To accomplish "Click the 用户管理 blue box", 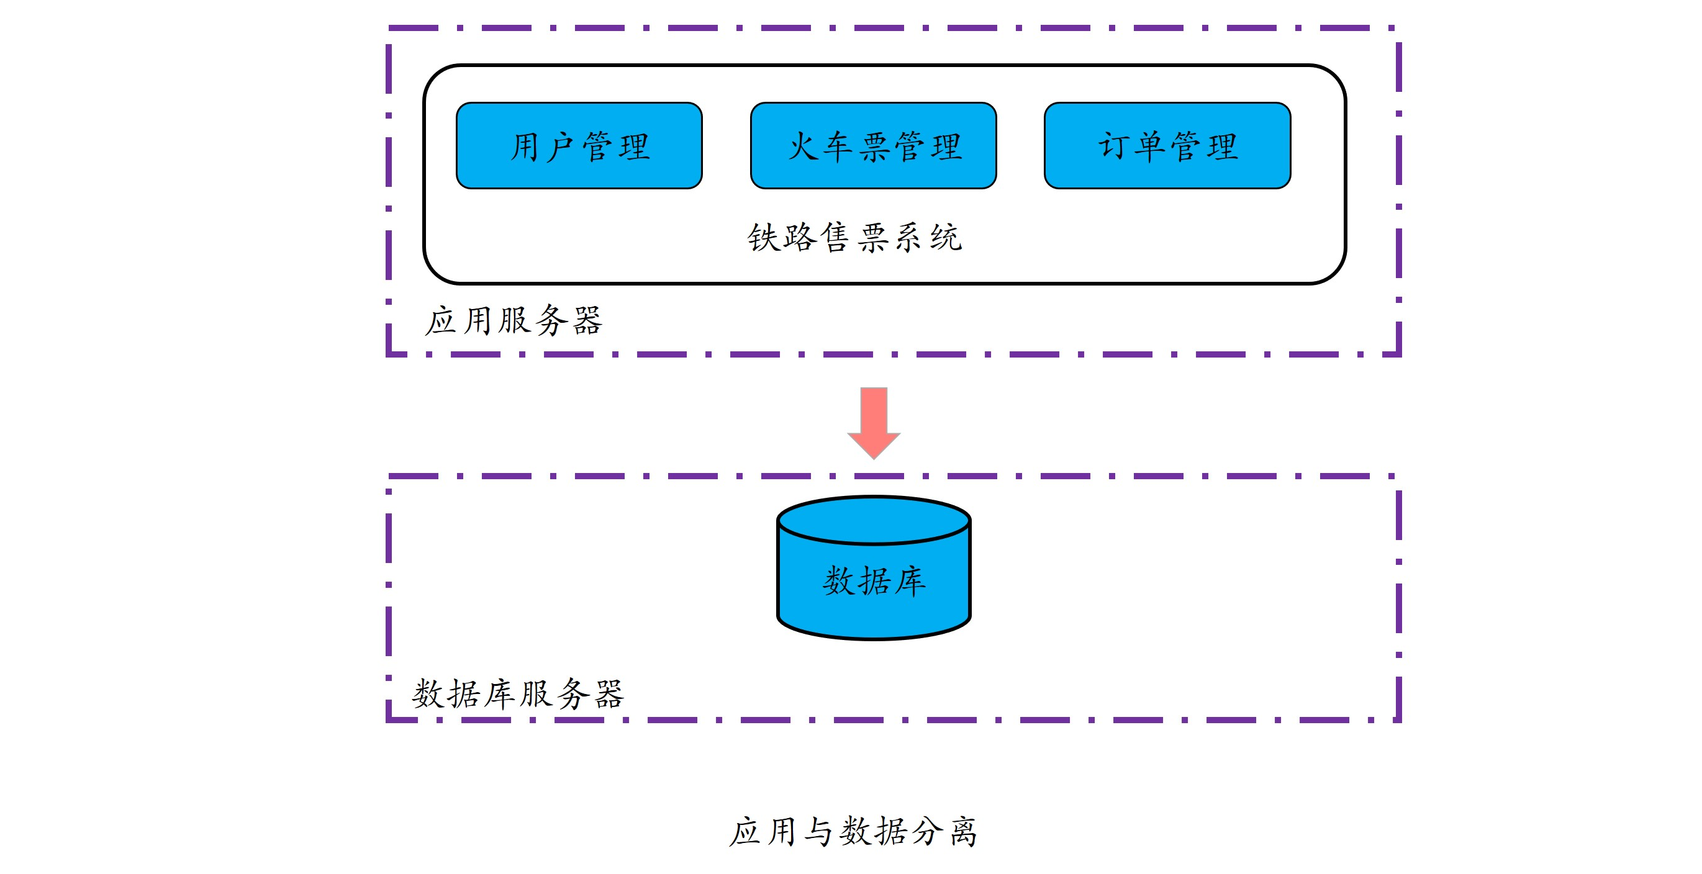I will [579, 145].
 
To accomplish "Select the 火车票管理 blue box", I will [873, 145].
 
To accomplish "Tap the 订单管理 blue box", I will [1167, 145].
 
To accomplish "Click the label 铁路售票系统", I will [854, 237].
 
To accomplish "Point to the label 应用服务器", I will [514, 320].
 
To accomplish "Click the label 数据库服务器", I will [518, 693].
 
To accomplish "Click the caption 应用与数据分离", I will [853, 831].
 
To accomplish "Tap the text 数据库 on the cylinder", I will [874, 580].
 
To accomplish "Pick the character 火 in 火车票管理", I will [803, 146].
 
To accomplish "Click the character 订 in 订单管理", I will [1114, 146].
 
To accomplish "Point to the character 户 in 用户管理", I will [560, 146].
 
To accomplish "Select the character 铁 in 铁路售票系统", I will [763, 237].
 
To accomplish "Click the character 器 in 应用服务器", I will [587, 321].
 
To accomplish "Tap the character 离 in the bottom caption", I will [963, 831].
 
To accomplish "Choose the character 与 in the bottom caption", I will [818, 831].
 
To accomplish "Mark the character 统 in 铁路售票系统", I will [946, 237].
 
